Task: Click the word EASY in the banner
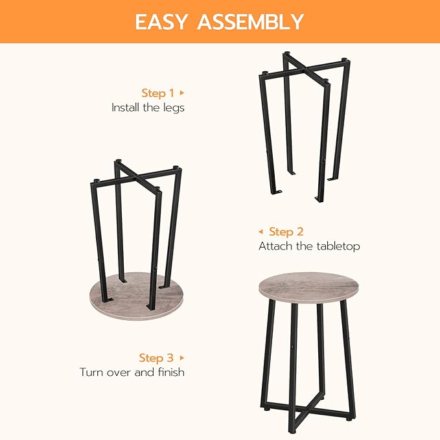point(163,21)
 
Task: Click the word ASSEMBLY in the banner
point(251,21)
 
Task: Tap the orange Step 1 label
point(158,93)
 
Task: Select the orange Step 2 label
point(286,231)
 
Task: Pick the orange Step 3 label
point(156,358)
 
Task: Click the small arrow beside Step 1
point(182,93)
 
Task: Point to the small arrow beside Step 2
point(261,231)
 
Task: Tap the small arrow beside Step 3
point(182,358)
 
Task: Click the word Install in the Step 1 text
point(125,108)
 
